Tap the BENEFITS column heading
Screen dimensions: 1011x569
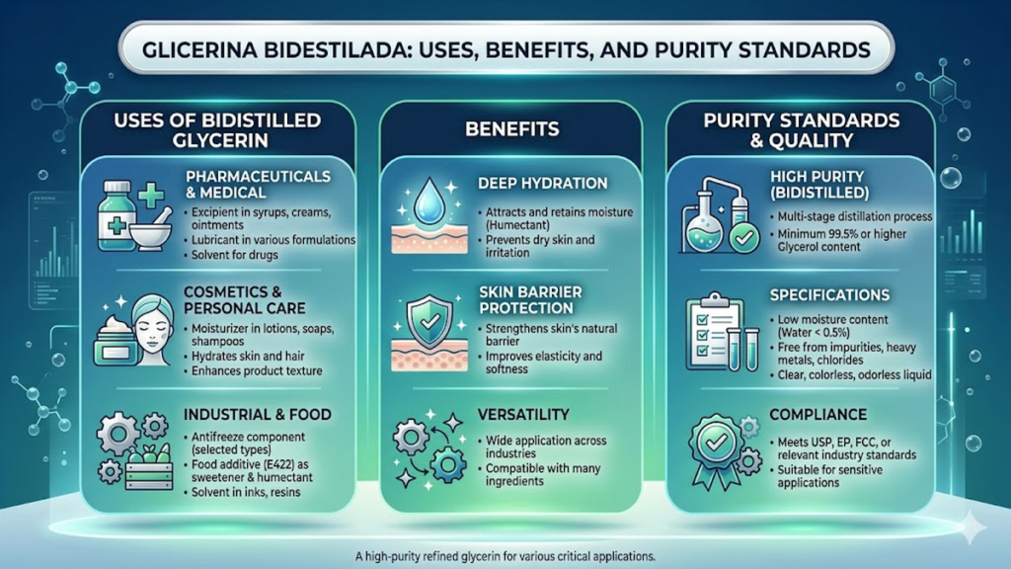pyautogui.click(x=512, y=129)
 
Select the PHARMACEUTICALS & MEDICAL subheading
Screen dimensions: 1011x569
pyautogui.click(x=258, y=185)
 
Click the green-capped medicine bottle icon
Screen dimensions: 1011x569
pyautogui.click(x=117, y=215)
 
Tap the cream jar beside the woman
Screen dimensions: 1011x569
pyautogui.click(x=116, y=342)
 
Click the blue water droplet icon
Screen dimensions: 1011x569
pyautogui.click(x=428, y=202)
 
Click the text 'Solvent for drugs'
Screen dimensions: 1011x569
pyautogui.click(x=234, y=255)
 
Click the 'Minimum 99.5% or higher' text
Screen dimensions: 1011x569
pyautogui.click(x=842, y=234)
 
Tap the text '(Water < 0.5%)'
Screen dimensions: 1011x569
pyautogui.click(x=814, y=333)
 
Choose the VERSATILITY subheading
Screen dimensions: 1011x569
pyautogui.click(x=523, y=414)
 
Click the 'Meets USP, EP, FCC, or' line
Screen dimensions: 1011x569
pyautogui.click(x=834, y=443)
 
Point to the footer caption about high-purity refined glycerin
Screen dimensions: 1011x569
pyautogui.click(x=505, y=556)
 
